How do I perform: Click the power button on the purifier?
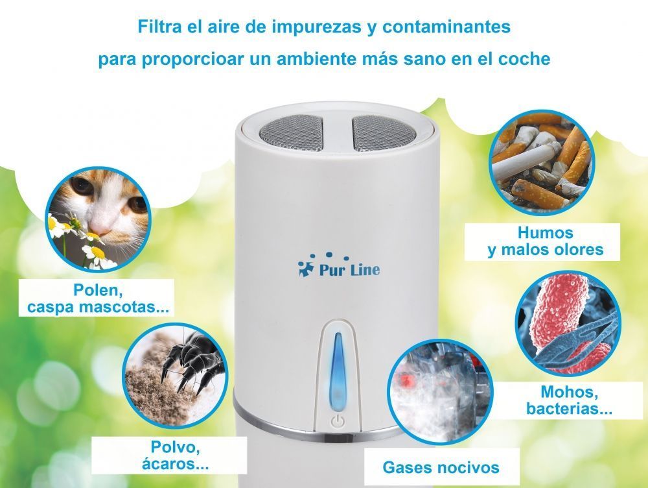point(338,421)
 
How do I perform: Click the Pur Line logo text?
point(349,270)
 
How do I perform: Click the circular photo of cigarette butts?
point(542,162)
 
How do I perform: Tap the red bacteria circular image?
point(568,323)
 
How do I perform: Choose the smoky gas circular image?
point(440,391)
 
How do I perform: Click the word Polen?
point(98,289)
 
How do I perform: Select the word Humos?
point(545,232)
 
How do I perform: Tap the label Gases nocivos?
point(441,467)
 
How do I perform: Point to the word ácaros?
point(175,464)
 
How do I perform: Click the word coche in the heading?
point(524,59)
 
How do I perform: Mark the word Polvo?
point(175,447)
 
